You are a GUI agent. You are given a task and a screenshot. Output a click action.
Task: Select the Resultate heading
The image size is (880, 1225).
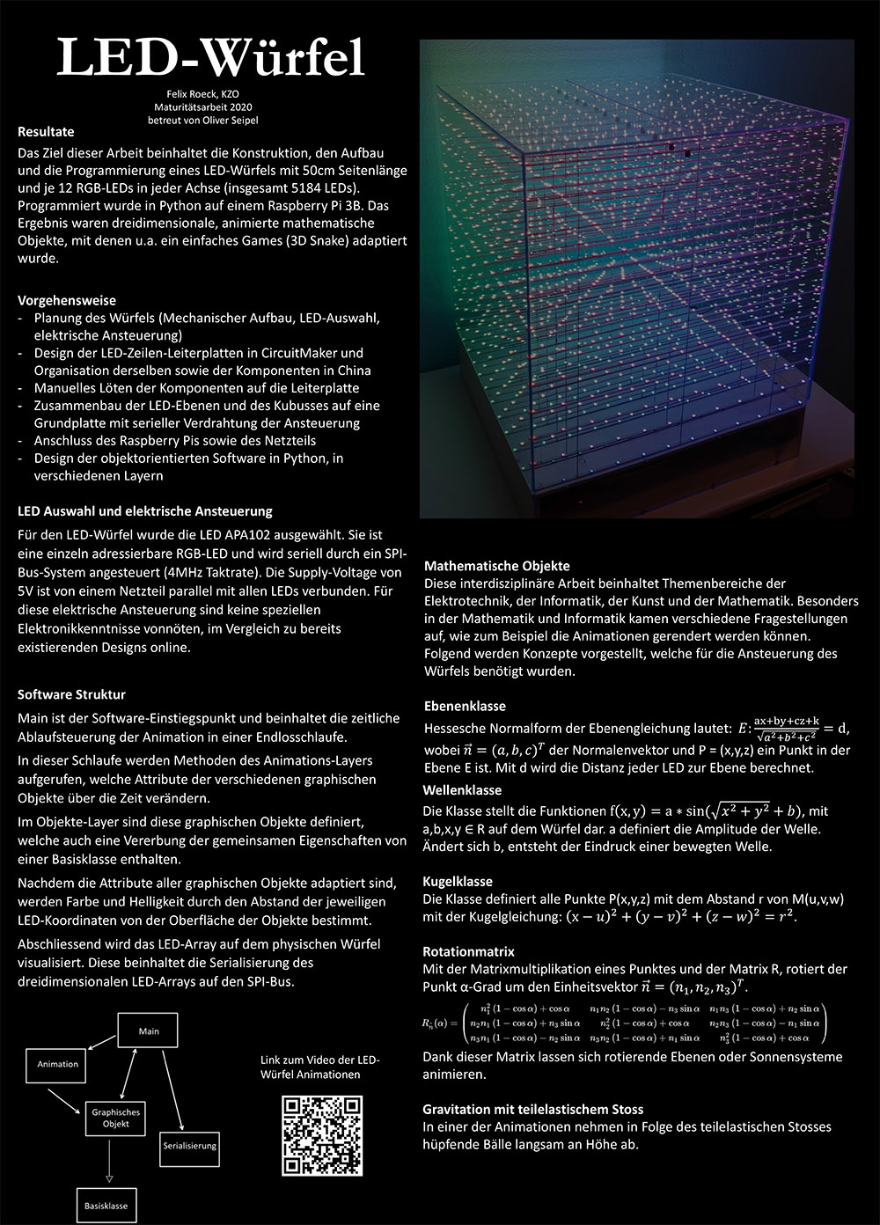[46, 132]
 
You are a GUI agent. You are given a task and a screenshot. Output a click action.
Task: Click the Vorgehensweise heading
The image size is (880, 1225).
[67, 300]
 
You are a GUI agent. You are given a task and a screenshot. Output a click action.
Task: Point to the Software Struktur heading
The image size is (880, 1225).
[71, 694]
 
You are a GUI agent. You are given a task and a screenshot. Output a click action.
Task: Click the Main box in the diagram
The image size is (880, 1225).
[149, 1031]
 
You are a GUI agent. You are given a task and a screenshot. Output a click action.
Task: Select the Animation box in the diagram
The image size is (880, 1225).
[58, 1064]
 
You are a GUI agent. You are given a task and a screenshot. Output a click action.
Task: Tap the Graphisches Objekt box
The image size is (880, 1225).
[116, 1118]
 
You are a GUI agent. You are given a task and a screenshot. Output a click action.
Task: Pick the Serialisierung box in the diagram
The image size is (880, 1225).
[189, 1146]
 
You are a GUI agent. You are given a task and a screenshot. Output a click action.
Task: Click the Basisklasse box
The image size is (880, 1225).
[106, 1206]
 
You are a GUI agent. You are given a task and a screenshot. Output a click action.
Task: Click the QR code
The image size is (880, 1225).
[322, 1135]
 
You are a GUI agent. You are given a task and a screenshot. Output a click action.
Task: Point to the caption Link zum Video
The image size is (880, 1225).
[320, 1067]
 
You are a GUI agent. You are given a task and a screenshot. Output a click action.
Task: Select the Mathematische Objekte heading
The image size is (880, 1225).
[496, 566]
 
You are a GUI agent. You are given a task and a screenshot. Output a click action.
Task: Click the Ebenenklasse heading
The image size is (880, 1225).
[465, 706]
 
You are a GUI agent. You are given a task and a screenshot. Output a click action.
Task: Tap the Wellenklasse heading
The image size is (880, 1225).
[462, 790]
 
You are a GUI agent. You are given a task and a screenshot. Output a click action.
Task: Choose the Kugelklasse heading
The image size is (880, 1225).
[458, 881]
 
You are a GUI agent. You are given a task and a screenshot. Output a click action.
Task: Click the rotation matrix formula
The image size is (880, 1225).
[625, 1023]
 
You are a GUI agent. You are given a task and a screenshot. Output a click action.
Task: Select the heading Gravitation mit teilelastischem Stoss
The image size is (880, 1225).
[532, 1109]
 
